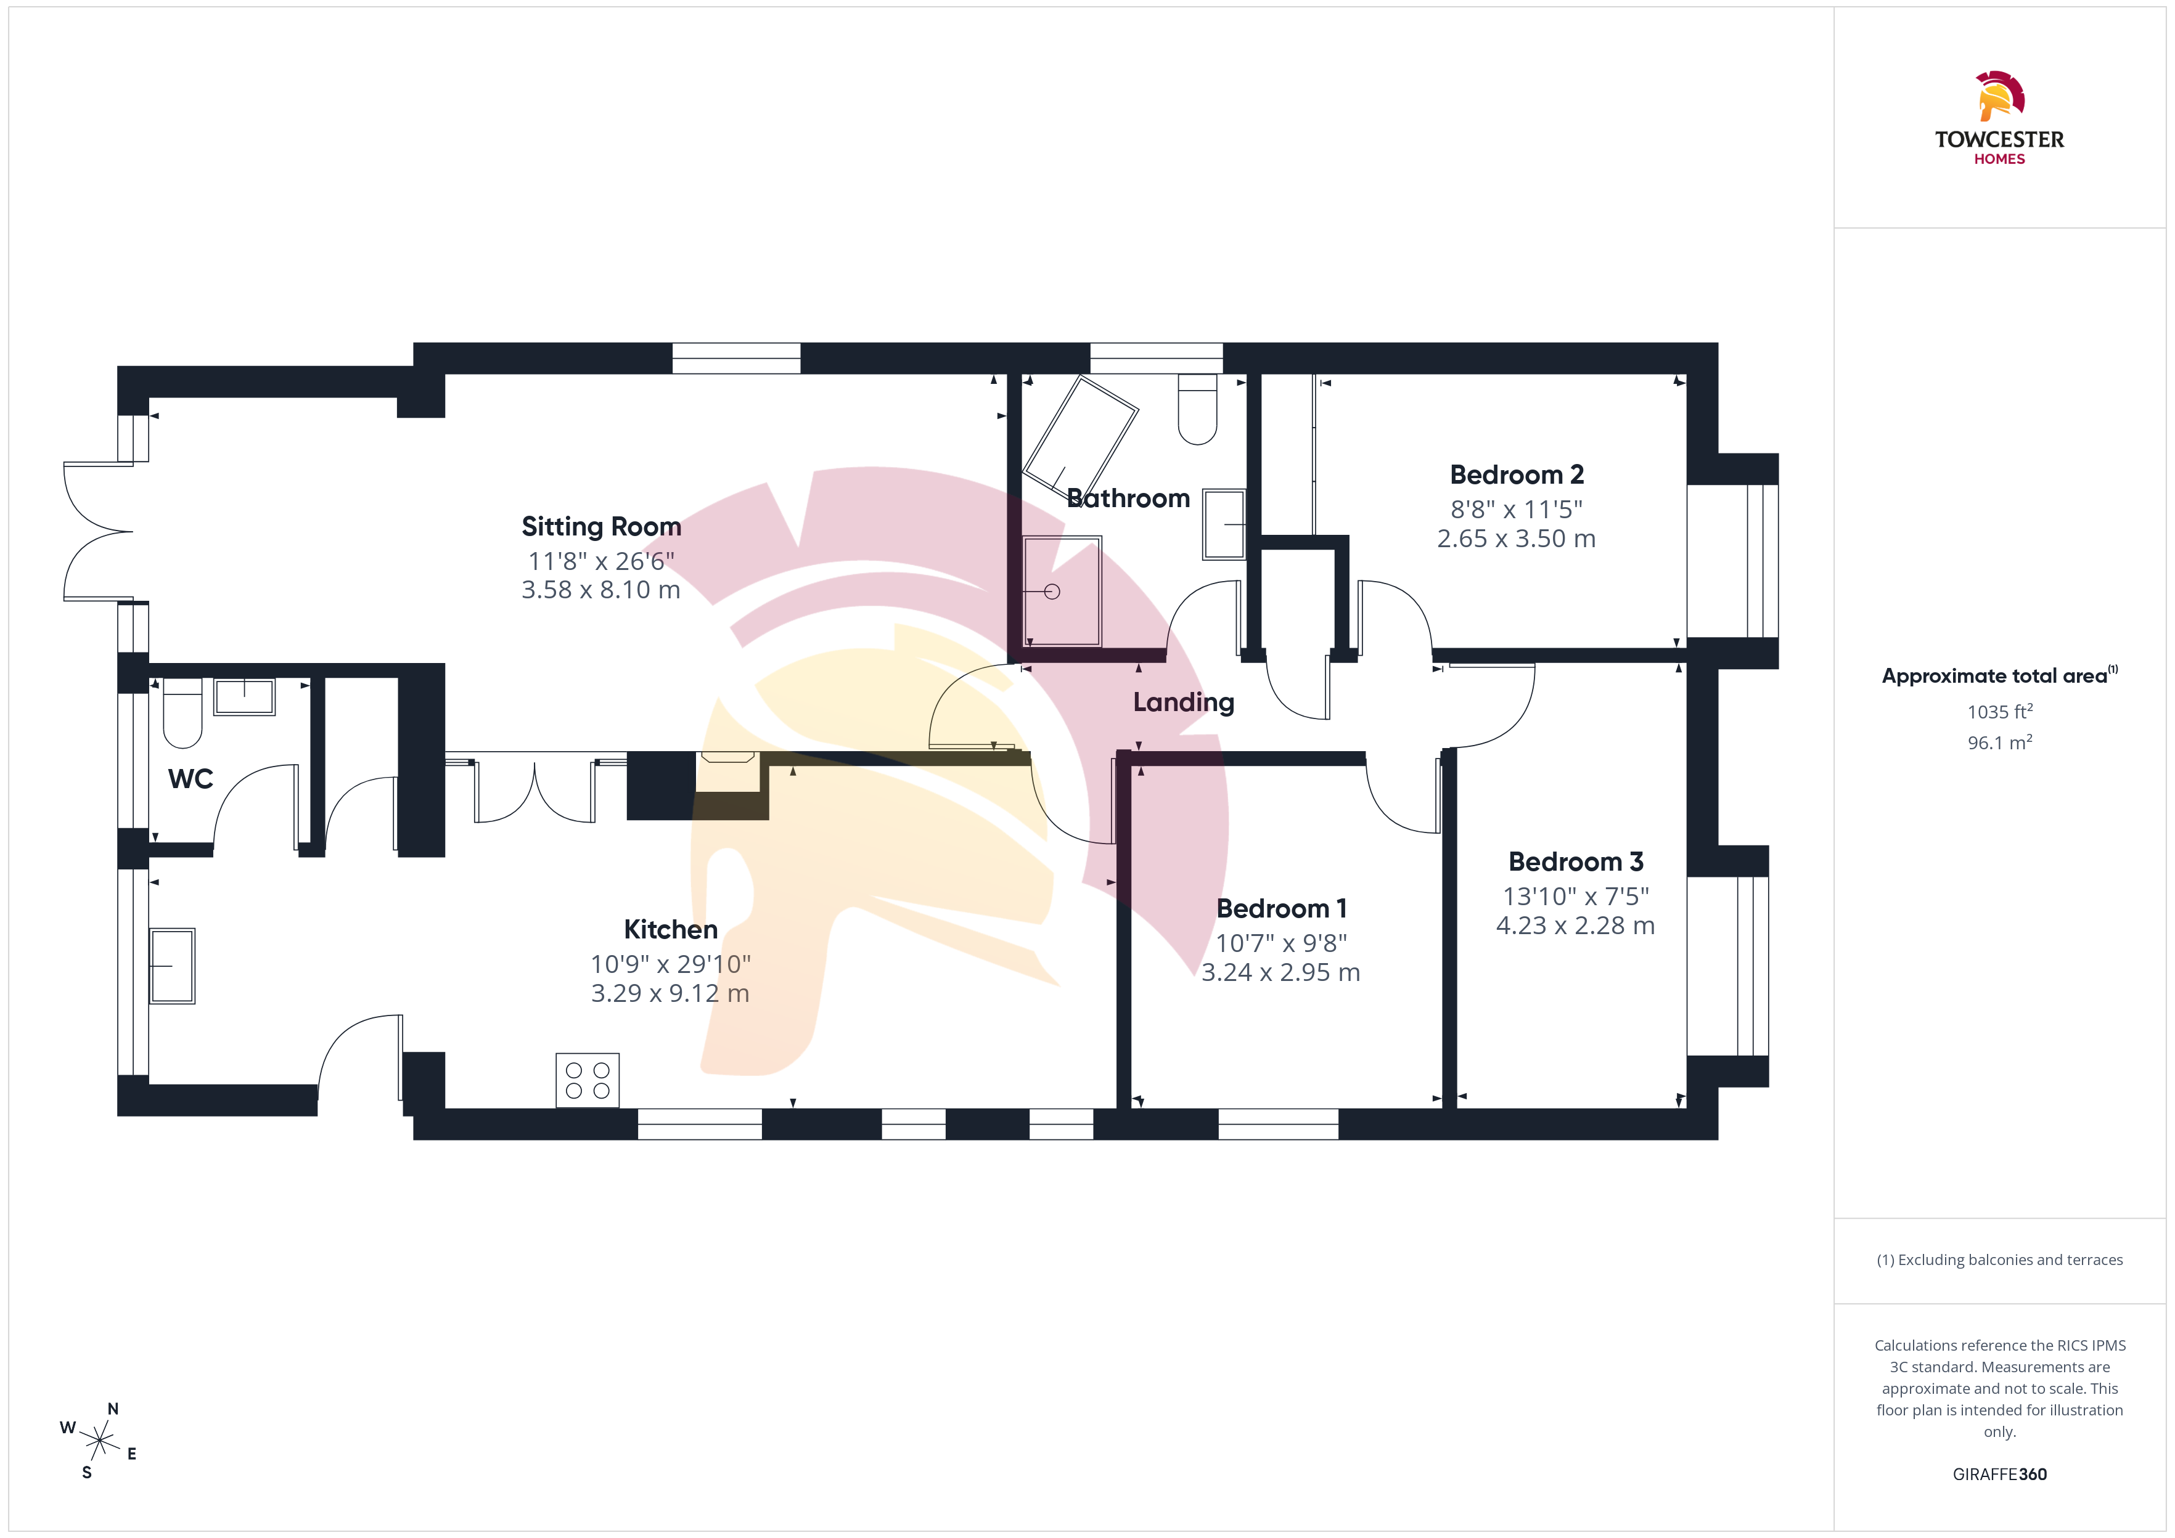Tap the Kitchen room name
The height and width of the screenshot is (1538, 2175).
click(671, 929)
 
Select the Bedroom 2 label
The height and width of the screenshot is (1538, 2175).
click(1517, 474)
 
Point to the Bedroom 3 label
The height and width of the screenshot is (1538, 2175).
click(1575, 862)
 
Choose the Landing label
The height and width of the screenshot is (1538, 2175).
click(1184, 702)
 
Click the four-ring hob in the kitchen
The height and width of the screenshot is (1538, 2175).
click(588, 1080)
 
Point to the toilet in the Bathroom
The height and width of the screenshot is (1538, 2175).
click(1197, 409)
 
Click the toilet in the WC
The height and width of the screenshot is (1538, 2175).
click(183, 713)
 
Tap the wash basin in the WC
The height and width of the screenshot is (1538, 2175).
click(244, 697)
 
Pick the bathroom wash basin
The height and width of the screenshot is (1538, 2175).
click(1224, 524)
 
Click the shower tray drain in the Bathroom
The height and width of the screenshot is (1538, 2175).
click(1052, 592)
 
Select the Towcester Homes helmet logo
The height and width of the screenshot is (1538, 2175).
click(2000, 97)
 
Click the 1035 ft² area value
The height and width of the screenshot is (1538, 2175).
click(2000, 711)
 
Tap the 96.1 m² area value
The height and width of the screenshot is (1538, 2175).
click(2000, 743)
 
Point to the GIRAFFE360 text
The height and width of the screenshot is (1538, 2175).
click(2000, 1475)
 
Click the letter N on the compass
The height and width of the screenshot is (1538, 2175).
click(113, 1409)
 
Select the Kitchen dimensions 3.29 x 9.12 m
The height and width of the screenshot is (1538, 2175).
click(671, 993)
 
